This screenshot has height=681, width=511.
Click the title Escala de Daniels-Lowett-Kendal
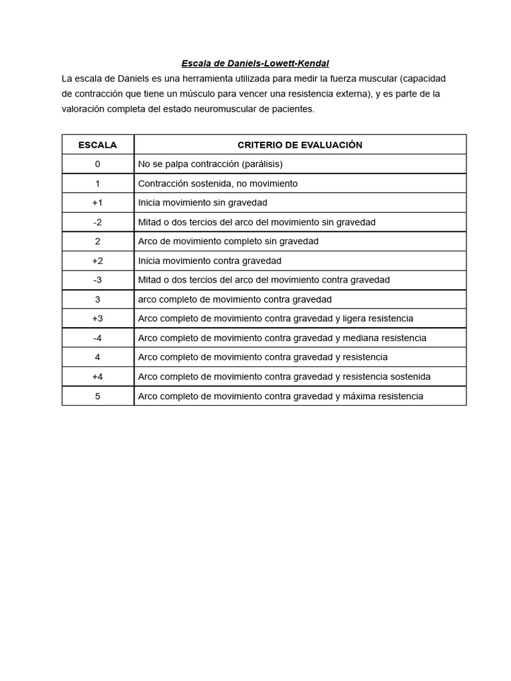pyautogui.click(x=255, y=64)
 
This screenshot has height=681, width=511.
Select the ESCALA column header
pyautogui.click(x=98, y=145)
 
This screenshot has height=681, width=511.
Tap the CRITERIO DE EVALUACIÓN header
pyautogui.click(x=299, y=145)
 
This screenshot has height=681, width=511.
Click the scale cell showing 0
pyautogui.click(x=98, y=164)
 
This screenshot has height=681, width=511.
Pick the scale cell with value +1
pyautogui.click(x=98, y=203)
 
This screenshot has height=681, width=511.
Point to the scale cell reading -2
pyautogui.click(x=98, y=222)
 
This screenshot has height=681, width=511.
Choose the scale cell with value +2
pyautogui.click(x=98, y=261)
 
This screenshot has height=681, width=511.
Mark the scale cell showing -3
pyautogui.click(x=98, y=280)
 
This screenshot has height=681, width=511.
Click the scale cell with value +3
pyautogui.click(x=98, y=319)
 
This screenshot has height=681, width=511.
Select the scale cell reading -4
pyautogui.click(x=98, y=338)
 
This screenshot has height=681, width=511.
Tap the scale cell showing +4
pyautogui.click(x=98, y=376)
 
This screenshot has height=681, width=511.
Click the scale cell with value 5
pyautogui.click(x=98, y=396)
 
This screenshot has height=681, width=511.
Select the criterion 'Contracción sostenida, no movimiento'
pyautogui.click(x=218, y=184)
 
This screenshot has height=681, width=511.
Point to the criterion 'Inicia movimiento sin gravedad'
pyautogui.click(x=202, y=203)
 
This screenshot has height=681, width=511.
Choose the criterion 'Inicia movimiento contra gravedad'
pyautogui.click(x=210, y=261)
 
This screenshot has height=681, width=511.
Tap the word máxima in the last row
pyautogui.click(x=359, y=396)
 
